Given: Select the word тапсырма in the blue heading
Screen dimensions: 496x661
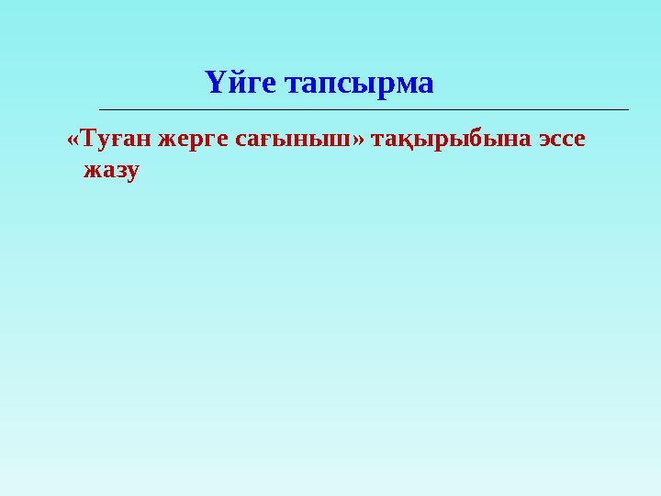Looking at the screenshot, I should (359, 85).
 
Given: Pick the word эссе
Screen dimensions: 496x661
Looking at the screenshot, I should (555, 141).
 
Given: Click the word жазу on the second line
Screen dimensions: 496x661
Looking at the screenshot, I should (111, 170).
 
